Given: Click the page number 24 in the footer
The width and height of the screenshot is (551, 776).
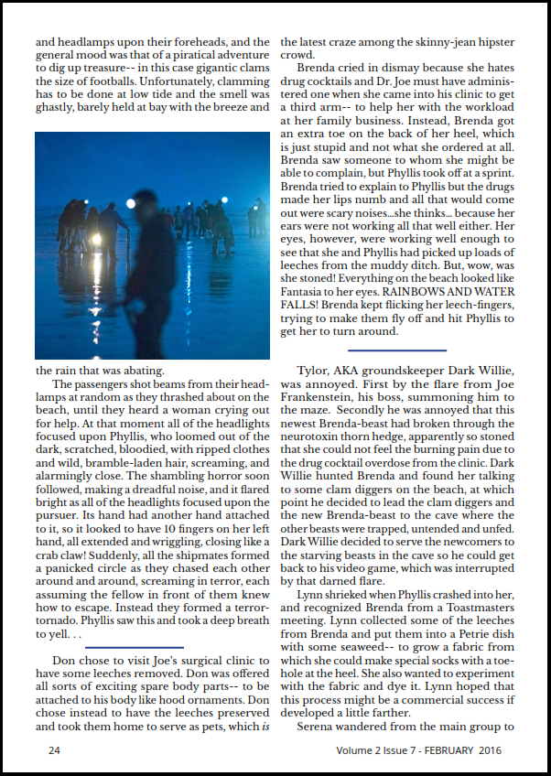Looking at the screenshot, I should pos(54,750).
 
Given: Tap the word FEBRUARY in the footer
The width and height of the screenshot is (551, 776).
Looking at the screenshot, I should pos(447,750).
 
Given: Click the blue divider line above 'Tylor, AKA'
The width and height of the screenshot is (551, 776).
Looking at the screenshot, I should pos(397,350).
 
